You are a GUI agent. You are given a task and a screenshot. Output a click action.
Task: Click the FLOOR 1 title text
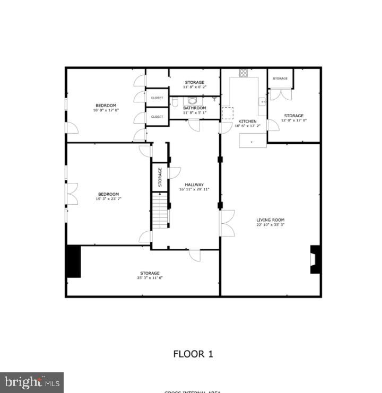click(193, 354)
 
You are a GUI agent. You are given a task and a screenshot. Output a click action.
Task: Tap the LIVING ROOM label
click(271, 220)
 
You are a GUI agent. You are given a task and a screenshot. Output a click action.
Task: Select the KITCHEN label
click(247, 121)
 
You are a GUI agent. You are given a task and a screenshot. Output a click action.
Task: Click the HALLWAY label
click(194, 185)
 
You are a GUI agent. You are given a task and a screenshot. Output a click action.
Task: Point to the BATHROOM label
click(194, 108)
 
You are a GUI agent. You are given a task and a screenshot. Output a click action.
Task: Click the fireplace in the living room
click(316, 259)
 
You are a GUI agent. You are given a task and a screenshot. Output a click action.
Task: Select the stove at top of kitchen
click(243, 73)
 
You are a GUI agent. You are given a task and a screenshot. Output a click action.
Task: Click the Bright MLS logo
click(31, 382)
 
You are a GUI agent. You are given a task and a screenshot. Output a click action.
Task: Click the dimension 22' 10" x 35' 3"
click(271, 225)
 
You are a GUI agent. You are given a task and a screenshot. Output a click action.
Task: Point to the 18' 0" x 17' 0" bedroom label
click(106, 110)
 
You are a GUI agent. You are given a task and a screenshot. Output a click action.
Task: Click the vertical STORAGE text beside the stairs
click(160, 177)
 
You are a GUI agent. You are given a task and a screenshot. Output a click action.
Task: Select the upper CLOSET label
click(157, 98)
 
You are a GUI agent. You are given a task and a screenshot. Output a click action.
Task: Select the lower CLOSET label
click(157, 117)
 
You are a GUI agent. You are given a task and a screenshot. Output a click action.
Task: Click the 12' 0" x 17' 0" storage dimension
click(293, 120)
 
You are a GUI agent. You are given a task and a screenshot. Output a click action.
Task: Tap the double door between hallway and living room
click(227, 223)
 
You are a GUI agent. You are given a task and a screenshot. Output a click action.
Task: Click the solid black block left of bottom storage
click(73, 261)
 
